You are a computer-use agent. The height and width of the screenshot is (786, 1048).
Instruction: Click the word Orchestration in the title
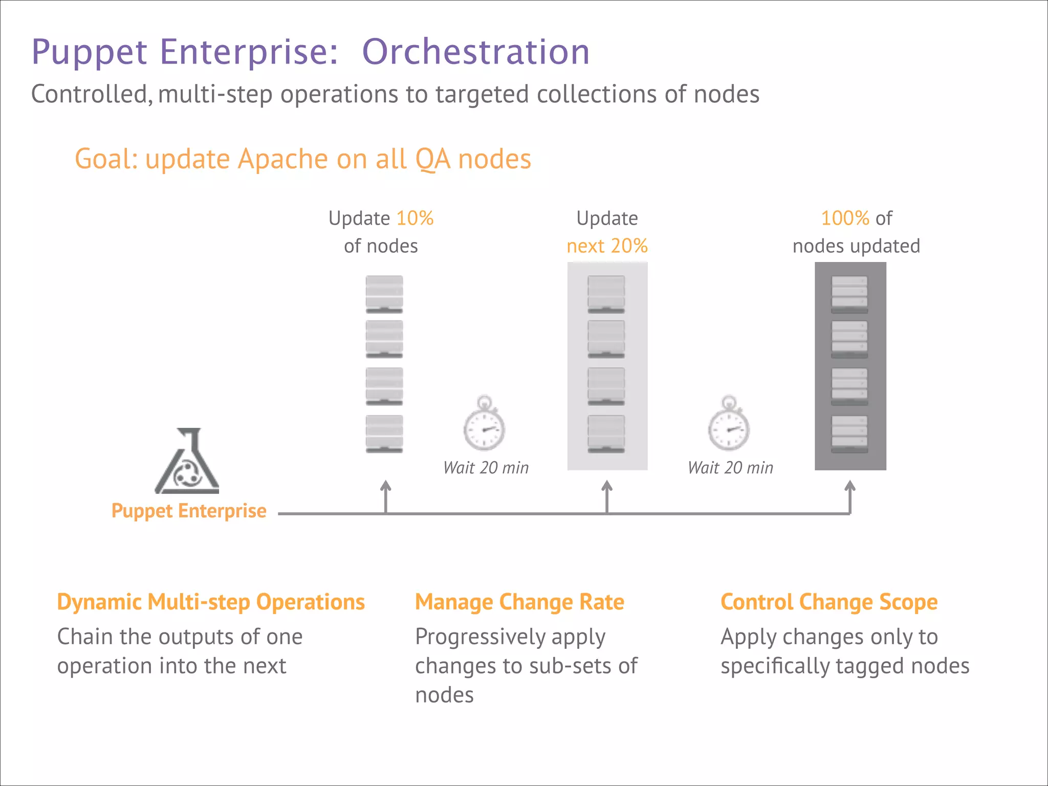click(x=476, y=52)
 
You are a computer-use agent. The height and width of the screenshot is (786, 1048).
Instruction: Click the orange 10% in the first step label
click(x=415, y=219)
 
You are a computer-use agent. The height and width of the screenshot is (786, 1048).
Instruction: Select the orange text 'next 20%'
click(x=607, y=246)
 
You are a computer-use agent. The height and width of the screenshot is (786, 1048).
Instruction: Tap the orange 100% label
click(x=845, y=219)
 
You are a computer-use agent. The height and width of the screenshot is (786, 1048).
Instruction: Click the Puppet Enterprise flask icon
click(x=187, y=462)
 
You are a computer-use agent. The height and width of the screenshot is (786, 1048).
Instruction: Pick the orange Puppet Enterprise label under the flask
click(x=189, y=511)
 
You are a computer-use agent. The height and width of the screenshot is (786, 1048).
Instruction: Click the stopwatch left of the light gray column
click(x=484, y=424)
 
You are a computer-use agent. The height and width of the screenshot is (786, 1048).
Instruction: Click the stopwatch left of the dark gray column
click(x=729, y=424)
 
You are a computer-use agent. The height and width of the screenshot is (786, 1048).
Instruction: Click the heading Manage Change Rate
click(x=519, y=602)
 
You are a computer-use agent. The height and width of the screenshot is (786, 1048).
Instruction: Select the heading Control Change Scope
click(x=829, y=602)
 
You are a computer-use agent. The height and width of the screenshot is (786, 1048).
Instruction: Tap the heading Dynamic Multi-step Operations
click(x=211, y=602)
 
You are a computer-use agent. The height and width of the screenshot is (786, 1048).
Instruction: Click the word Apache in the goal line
click(x=284, y=159)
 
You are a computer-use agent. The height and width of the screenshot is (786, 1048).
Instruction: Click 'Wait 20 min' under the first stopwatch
click(x=486, y=468)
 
